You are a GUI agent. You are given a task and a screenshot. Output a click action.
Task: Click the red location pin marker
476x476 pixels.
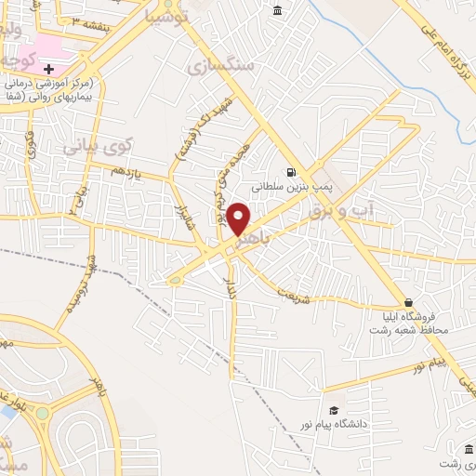[238, 219]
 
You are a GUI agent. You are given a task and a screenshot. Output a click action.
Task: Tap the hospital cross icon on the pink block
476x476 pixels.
[48, 69]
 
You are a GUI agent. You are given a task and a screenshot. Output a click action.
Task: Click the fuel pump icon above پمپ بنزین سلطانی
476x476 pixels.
[292, 172]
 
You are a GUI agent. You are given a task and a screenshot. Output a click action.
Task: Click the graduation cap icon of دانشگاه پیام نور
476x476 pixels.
[333, 411]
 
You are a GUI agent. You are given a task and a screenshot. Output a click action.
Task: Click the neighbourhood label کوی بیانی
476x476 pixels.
[99, 146]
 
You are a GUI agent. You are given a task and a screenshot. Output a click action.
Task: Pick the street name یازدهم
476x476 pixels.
[123, 171]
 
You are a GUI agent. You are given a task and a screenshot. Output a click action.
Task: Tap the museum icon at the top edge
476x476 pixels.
[278, 10]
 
